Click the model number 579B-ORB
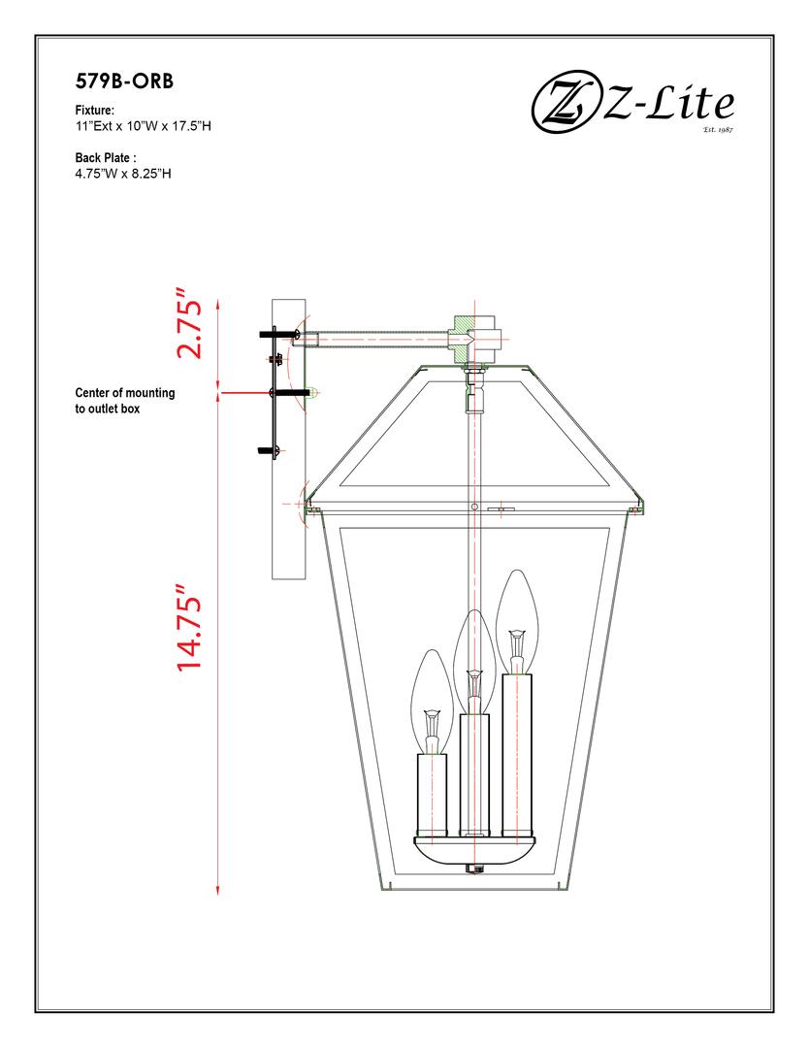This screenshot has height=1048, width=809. (x=124, y=81)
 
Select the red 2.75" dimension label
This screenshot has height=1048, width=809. (x=189, y=322)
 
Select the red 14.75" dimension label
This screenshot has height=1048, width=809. (x=189, y=629)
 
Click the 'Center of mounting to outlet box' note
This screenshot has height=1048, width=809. (x=124, y=401)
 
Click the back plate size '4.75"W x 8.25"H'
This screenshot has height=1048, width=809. (x=123, y=174)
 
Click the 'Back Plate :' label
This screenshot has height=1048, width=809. (x=106, y=157)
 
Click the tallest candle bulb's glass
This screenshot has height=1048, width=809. (x=517, y=611)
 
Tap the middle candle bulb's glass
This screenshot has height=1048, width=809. (x=473, y=650)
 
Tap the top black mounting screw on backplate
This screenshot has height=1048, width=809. (x=275, y=334)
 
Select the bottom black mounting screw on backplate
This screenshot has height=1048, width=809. (x=268, y=450)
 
